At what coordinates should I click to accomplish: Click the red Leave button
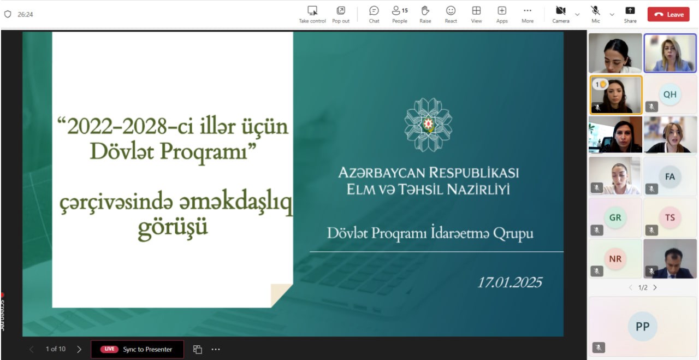point(668,14)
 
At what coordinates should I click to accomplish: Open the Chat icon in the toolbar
point(374,11)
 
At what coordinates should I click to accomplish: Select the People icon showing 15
point(399,11)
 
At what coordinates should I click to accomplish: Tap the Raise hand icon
point(425,11)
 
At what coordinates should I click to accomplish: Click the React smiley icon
point(451,11)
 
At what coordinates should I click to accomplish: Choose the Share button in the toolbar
point(630,11)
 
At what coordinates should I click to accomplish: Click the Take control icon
point(312,11)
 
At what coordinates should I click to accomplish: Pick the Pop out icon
point(341,11)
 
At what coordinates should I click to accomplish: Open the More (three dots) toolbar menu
point(527,11)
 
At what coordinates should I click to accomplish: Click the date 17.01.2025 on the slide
point(510,282)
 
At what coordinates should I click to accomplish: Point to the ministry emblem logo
point(428,125)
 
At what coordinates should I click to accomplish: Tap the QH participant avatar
point(670,94)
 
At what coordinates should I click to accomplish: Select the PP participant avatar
point(643,326)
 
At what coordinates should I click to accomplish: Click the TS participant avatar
point(670,217)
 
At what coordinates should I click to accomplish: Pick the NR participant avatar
point(615,258)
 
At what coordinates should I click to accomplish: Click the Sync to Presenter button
point(137,349)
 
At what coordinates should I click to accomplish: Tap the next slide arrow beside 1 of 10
point(79,349)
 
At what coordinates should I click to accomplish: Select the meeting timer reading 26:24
point(25,14)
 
